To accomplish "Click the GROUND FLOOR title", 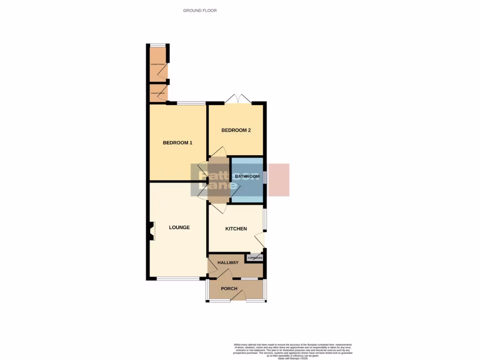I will (x=200, y=10).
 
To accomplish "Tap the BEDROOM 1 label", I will (x=178, y=143).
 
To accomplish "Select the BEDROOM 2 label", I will (x=236, y=130).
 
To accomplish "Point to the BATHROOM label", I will (x=247, y=176).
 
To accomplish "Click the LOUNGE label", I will (x=179, y=227).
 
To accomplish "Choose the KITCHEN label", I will (x=236, y=229).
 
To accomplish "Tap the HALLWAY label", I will (x=228, y=263).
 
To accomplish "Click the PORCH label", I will (x=229, y=289).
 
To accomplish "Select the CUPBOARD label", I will (x=255, y=258).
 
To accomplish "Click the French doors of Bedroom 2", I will (x=238, y=100).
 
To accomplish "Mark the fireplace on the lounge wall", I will (x=150, y=231).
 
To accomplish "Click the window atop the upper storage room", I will (x=158, y=45).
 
